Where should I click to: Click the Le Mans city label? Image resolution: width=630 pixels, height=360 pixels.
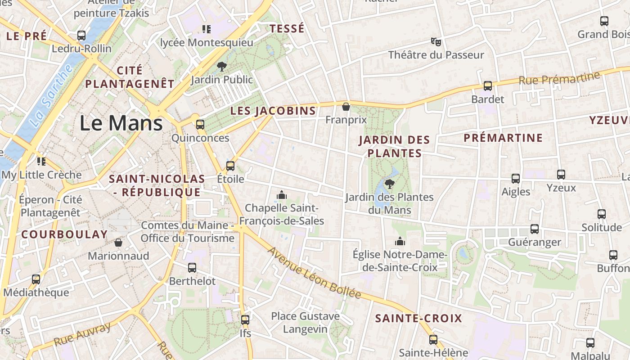(x=121, y=123)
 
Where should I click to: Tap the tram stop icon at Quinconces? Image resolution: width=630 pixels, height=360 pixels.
(x=200, y=125)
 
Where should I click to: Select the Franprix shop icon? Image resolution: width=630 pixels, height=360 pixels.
(x=346, y=107)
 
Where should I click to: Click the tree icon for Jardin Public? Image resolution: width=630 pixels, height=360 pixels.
(x=221, y=67)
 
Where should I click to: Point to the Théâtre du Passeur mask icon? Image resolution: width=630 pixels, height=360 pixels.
(x=436, y=42)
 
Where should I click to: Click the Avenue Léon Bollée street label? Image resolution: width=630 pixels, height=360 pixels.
(x=315, y=273)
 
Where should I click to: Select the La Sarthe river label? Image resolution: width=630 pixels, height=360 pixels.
(x=53, y=95)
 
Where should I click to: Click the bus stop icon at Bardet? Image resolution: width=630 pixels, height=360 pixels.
(x=488, y=86)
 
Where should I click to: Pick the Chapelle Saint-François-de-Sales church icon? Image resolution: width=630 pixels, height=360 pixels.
(x=282, y=195)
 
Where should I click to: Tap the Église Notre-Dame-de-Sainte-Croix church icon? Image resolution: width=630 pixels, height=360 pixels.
(x=400, y=242)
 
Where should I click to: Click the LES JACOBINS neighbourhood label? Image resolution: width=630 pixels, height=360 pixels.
(x=273, y=111)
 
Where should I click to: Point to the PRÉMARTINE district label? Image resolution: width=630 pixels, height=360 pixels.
(x=503, y=138)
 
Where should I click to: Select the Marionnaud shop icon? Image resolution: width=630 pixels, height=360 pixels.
(x=118, y=243)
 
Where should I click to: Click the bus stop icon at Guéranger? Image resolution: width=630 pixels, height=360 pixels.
(x=535, y=229)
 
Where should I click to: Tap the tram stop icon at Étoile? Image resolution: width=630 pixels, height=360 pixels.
(x=230, y=166)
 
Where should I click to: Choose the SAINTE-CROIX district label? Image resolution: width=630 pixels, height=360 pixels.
(x=418, y=319)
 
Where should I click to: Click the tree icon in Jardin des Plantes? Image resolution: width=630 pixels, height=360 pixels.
(x=390, y=184)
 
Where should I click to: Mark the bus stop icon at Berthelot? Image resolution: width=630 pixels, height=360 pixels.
(x=192, y=268)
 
